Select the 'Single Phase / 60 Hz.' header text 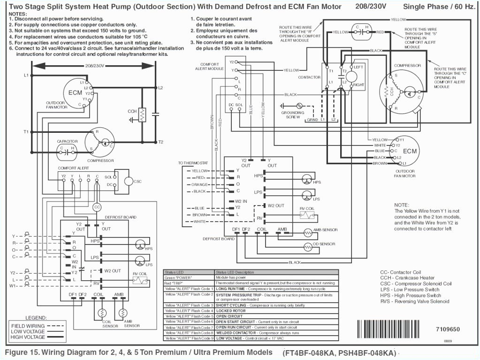click(x=439, y=7)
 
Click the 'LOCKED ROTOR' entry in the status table click(x=230, y=311)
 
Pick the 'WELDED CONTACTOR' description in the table click(x=236, y=332)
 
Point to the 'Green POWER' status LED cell click(x=177, y=277)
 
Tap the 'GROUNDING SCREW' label click(x=293, y=115)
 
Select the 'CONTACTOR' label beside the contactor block click(x=309, y=77)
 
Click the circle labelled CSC click(x=129, y=181)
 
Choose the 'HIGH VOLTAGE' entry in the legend click(x=28, y=337)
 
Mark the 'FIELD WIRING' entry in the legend click(x=28, y=326)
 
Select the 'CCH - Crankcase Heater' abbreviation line click(x=407, y=278)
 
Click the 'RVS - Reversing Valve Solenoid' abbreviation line click(x=414, y=301)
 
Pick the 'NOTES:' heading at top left click(x=18, y=14)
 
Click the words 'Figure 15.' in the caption click(x=23, y=352)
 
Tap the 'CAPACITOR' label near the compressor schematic click(x=67, y=141)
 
